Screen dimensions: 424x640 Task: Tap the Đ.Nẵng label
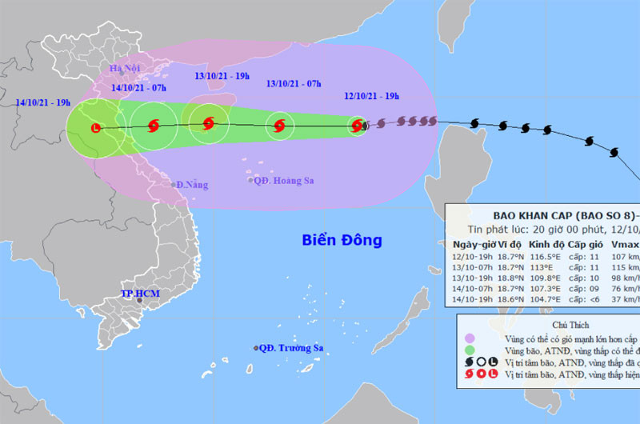[191, 185]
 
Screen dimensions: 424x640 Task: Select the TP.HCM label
[140, 294]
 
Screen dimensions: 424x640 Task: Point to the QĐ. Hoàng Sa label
[282, 181]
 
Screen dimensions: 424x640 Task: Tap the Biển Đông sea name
[342, 239]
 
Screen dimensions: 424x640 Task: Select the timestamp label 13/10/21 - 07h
[294, 83]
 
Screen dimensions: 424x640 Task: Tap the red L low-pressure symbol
[96, 128]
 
